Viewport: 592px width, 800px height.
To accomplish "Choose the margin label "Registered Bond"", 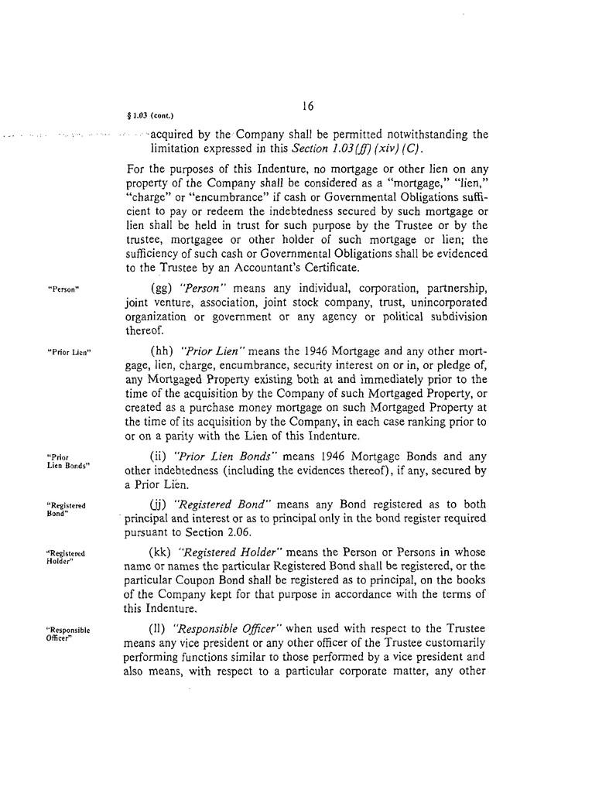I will point(66,510).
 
